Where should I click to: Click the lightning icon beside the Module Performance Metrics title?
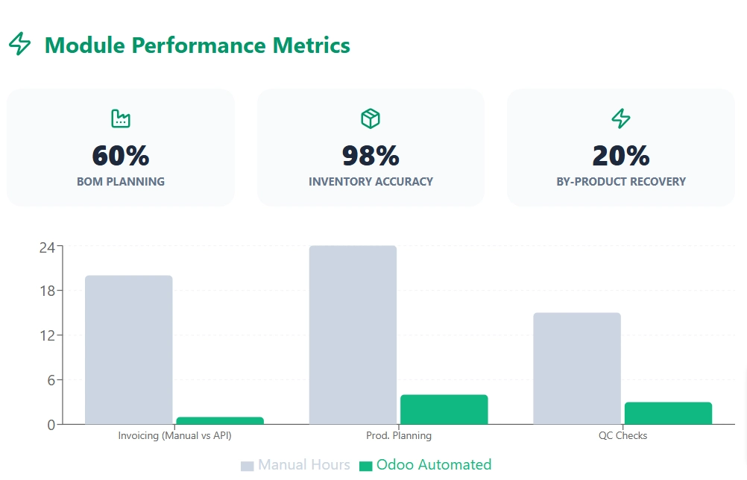click(x=20, y=45)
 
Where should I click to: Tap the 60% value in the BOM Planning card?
click(x=121, y=156)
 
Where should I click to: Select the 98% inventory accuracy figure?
click(x=371, y=156)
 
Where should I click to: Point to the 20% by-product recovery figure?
click(x=621, y=156)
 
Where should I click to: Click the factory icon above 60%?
click(x=121, y=118)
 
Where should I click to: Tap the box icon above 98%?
click(x=371, y=118)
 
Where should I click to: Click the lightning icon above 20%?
click(x=621, y=118)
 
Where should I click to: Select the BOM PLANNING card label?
click(x=121, y=182)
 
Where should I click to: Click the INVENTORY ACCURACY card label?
click(x=371, y=182)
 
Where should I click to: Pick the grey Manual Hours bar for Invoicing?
click(x=129, y=350)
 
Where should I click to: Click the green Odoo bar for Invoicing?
click(x=219, y=420)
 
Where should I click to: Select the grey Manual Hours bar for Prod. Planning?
click(x=353, y=335)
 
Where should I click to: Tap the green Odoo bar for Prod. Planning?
click(x=444, y=410)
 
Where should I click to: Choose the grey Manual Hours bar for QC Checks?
click(x=577, y=369)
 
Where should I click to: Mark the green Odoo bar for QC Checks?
click(x=668, y=414)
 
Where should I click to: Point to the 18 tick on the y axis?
click(x=47, y=291)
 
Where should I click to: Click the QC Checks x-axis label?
click(x=622, y=436)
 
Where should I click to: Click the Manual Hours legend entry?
click(x=296, y=465)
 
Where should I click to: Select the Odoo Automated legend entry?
click(x=426, y=465)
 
